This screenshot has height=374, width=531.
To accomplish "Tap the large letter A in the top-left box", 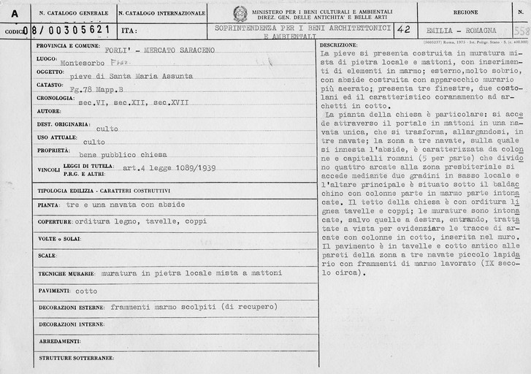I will pyautogui.click(x=15, y=13).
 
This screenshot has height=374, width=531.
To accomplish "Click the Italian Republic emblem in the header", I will pyautogui.click(x=240, y=13).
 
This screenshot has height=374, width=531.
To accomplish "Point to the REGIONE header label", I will pyautogui.click(x=465, y=12).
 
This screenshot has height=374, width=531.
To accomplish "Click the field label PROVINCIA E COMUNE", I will pyautogui.click(x=67, y=45).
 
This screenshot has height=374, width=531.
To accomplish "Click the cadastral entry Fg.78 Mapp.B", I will pyautogui.click(x=102, y=89).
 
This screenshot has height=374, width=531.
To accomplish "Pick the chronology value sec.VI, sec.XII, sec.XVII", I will pyautogui.click(x=133, y=102).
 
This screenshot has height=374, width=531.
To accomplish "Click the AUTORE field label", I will pyautogui.click(x=49, y=111).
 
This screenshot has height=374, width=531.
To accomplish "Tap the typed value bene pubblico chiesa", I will pyautogui.click(x=123, y=155).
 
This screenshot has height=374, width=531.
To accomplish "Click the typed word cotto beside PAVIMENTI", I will pyautogui.click(x=86, y=291).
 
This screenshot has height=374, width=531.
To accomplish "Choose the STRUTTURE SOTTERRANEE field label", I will pyautogui.click(x=77, y=357).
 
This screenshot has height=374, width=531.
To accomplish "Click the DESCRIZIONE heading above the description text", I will pyautogui.click(x=338, y=45).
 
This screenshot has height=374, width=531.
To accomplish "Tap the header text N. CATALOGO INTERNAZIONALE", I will pyautogui.click(x=161, y=12).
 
